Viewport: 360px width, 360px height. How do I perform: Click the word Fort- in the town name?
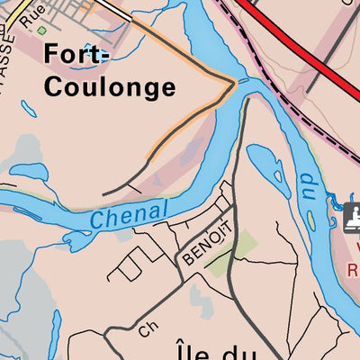(x=76, y=54)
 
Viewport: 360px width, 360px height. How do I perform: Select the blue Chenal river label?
(x=129, y=213)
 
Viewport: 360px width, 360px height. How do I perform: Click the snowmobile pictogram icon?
(x=353, y=216)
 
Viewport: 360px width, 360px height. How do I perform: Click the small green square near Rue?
(x=42, y=30)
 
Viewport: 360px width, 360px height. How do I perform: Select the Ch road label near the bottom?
(x=148, y=330)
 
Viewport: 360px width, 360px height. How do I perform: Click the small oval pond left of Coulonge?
(x=27, y=110)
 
